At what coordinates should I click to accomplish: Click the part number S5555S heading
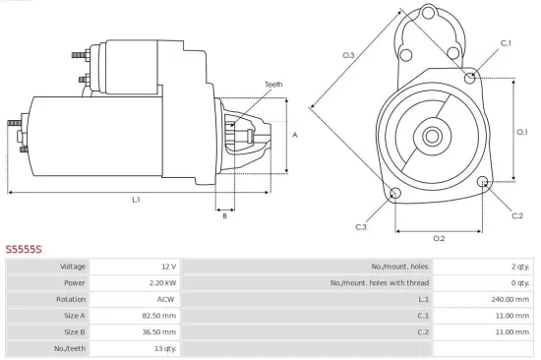(x=24, y=250)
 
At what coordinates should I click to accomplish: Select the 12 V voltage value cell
(x=167, y=267)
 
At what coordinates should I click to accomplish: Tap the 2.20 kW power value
(x=164, y=282)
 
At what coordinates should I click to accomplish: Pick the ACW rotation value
(x=168, y=299)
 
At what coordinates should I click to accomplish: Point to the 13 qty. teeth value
(x=164, y=348)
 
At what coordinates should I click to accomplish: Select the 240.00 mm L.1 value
(x=511, y=299)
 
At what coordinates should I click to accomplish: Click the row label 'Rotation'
(x=72, y=299)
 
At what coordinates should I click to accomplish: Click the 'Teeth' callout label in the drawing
(x=273, y=85)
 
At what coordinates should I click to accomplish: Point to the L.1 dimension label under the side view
(x=136, y=200)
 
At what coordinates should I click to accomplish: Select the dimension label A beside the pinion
(x=295, y=135)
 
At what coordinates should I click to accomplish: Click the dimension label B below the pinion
(x=224, y=215)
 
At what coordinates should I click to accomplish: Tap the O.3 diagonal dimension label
(x=348, y=55)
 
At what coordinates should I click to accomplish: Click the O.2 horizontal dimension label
(x=439, y=238)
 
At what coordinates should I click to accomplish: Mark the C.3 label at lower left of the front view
(x=361, y=227)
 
